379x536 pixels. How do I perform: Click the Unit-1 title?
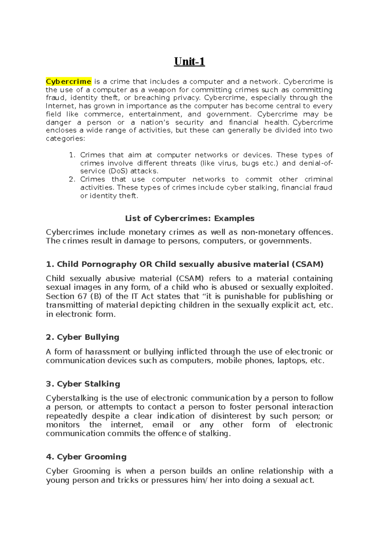pyautogui.click(x=189, y=61)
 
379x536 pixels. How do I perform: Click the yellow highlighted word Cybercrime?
pyautogui.click(x=69, y=81)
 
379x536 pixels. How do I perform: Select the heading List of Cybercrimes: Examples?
pyautogui.click(x=189, y=218)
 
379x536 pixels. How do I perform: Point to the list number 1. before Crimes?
pyautogui.click(x=72, y=155)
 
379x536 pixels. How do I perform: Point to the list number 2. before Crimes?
pyautogui.click(x=72, y=179)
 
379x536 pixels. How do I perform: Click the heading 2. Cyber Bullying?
pyautogui.click(x=82, y=337)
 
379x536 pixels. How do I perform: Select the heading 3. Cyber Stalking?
pyautogui.click(x=83, y=384)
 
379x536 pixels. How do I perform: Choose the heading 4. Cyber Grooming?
pyautogui.click(x=86, y=457)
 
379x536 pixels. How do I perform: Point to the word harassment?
pyautogui.click(x=107, y=352)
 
